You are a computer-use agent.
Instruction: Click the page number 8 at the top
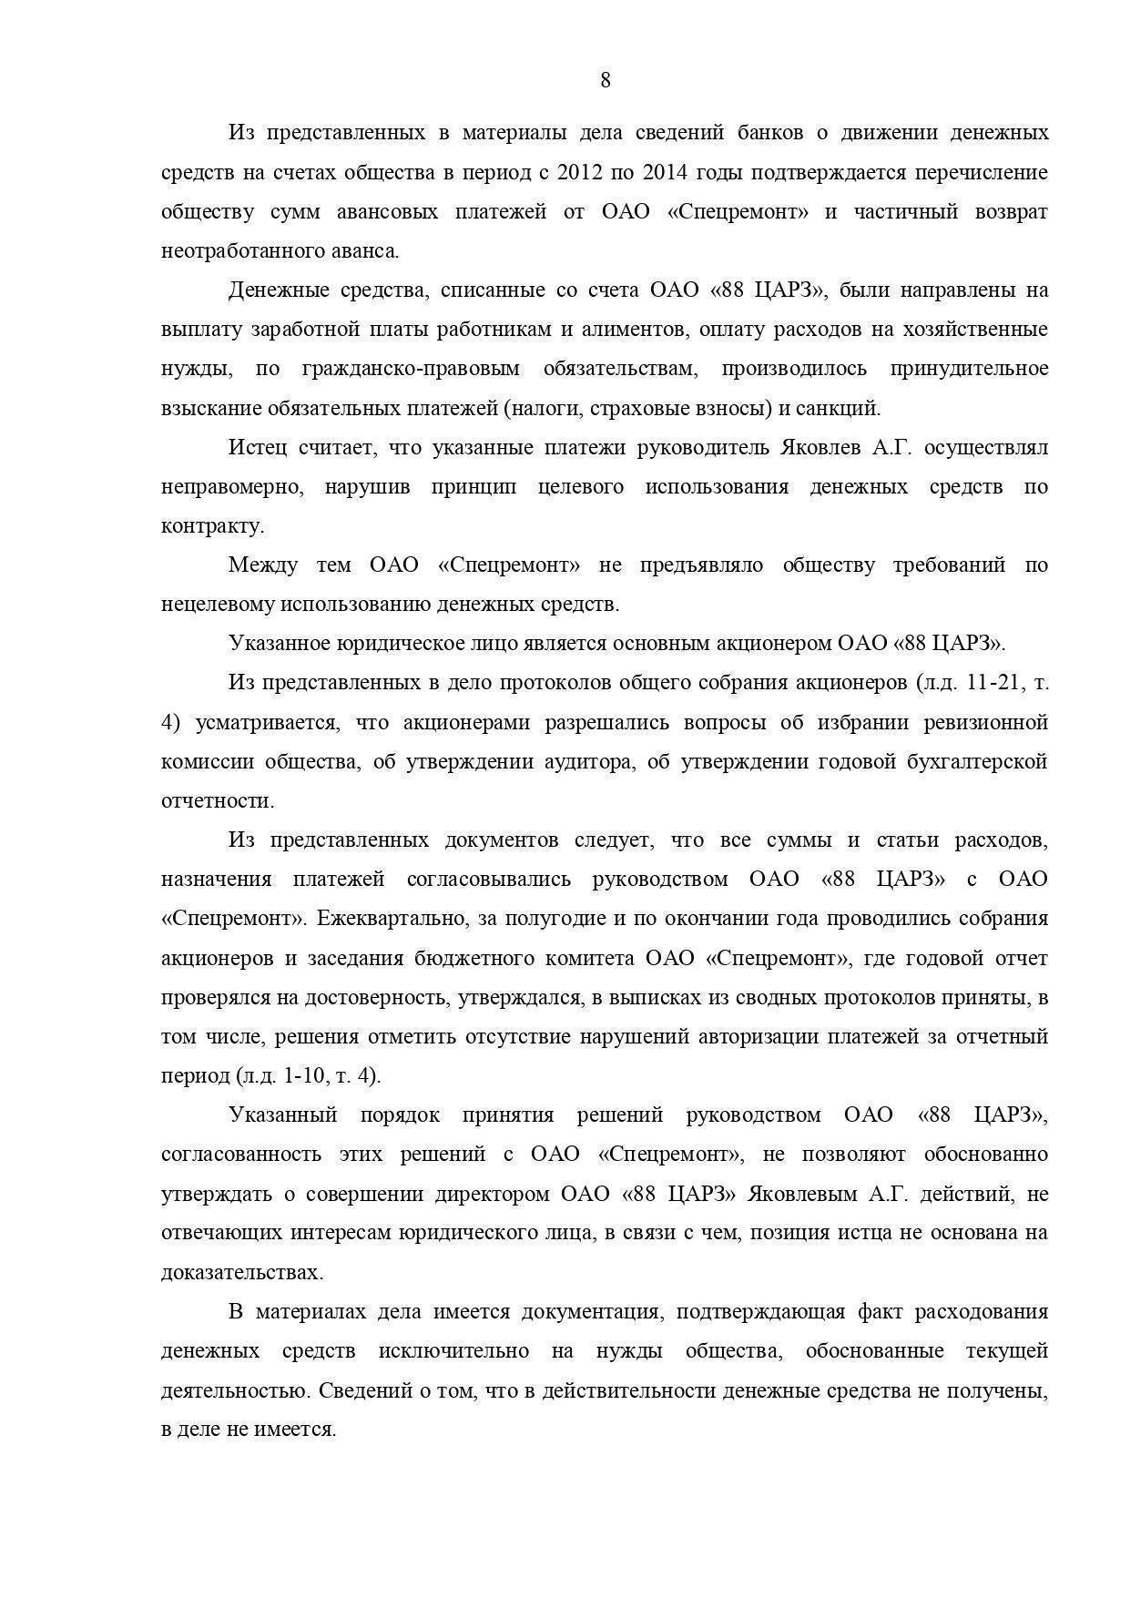[606, 80]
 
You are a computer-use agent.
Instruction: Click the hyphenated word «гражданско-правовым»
[410, 369]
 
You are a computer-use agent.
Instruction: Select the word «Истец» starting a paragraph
[258, 448]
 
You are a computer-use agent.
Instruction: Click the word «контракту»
[212, 526]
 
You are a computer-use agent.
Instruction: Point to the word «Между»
[261, 565]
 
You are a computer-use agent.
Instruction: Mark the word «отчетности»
[217, 801]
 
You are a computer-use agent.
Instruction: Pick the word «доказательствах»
[241, 1273]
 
